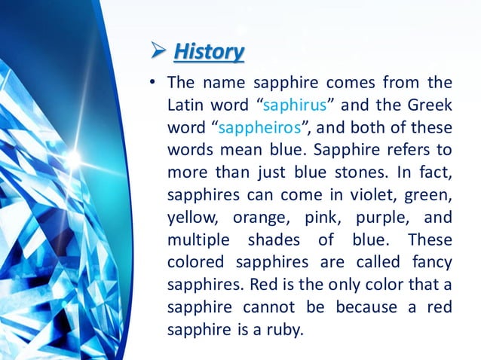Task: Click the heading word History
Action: pos(209,52)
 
